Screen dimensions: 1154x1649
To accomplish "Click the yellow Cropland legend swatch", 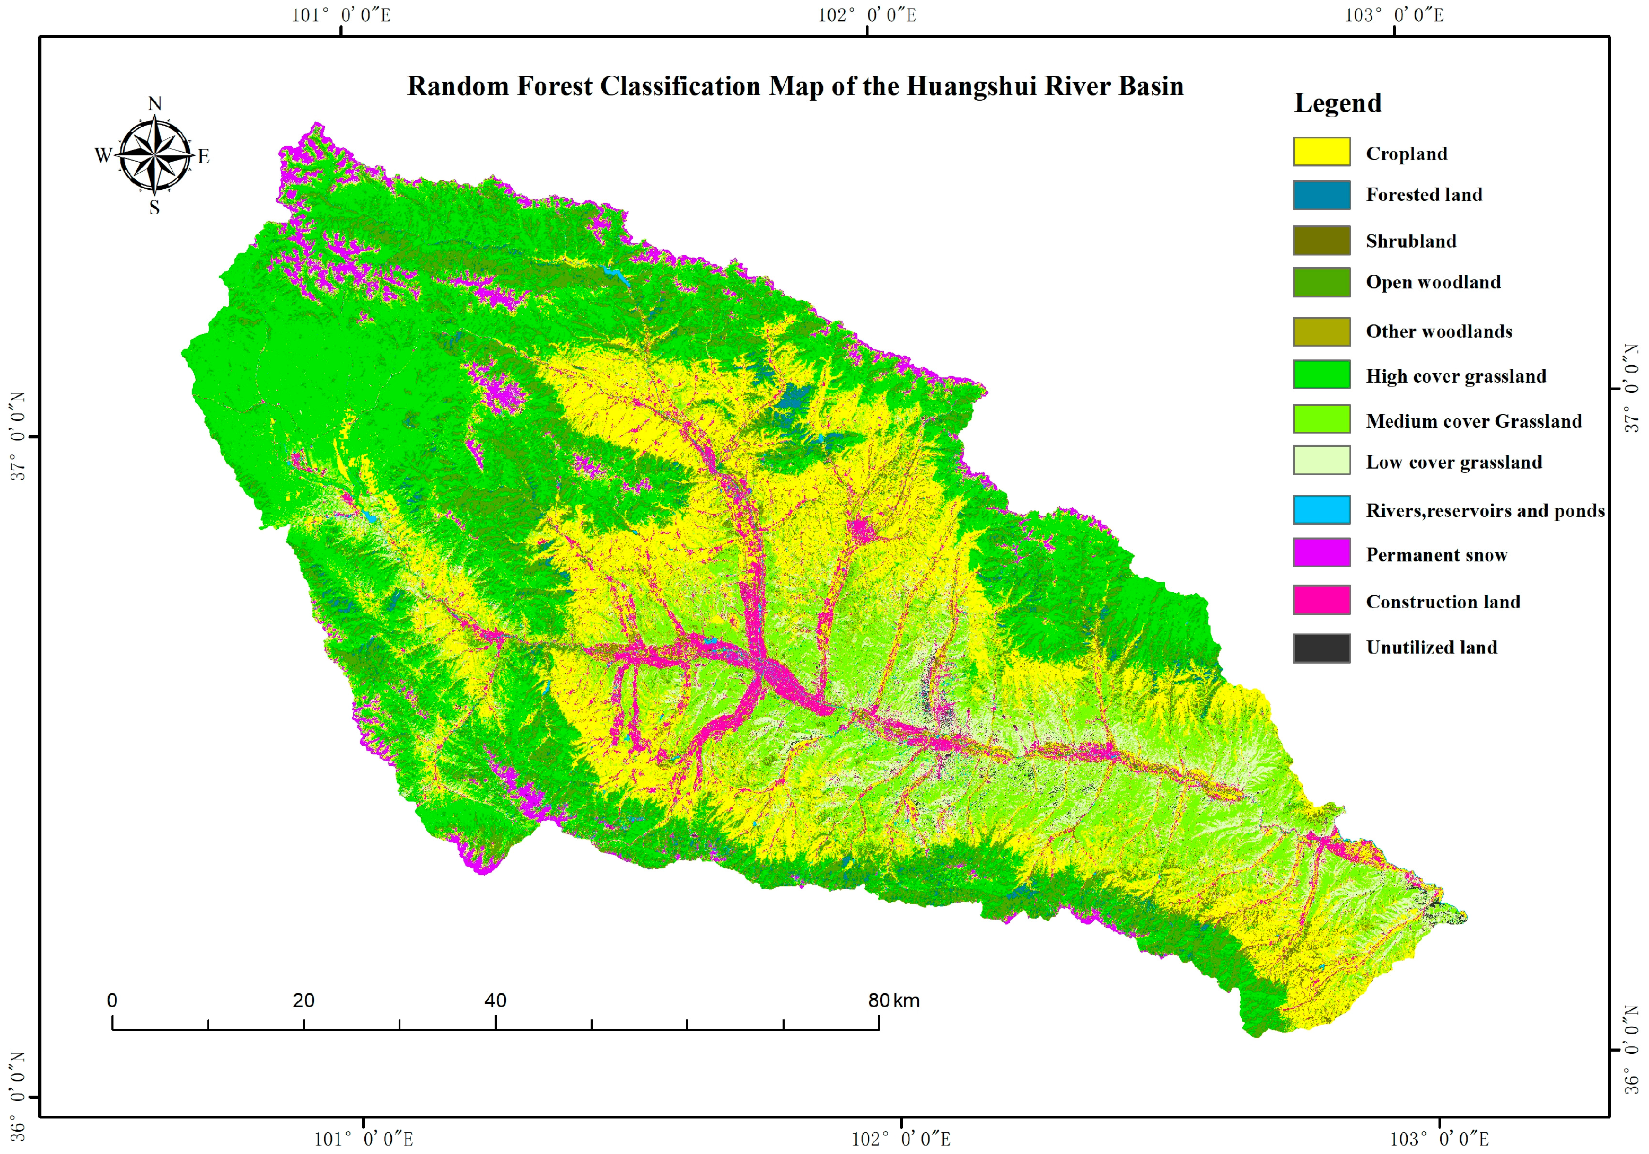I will click(1321, 152).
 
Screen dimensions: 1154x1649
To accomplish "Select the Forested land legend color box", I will click(1321, 195).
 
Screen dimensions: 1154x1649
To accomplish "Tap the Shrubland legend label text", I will click(1410, 241).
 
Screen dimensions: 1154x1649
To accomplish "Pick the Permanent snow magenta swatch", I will click(1321, 552).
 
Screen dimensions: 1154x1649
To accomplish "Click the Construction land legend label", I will click(1442, 601).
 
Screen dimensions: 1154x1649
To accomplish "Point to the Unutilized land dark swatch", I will click(1321, 648).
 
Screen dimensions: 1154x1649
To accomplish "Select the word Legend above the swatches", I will click(1337, 103).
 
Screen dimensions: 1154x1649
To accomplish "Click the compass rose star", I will click(154, 154).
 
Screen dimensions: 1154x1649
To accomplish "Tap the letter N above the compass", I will click(154, 103).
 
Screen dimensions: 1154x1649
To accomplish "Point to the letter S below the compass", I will click(154, 208).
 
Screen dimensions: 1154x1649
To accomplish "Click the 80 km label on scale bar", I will click(893, 1000).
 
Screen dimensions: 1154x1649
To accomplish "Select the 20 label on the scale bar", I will click(303, 1000).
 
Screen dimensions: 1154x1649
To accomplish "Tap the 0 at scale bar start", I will click(112, 1000).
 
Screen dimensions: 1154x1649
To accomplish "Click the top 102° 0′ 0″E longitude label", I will click(867, 15).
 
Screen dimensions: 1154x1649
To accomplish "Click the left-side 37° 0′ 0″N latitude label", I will click(17, 436).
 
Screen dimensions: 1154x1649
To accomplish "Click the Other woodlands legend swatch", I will click(1321, 331).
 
